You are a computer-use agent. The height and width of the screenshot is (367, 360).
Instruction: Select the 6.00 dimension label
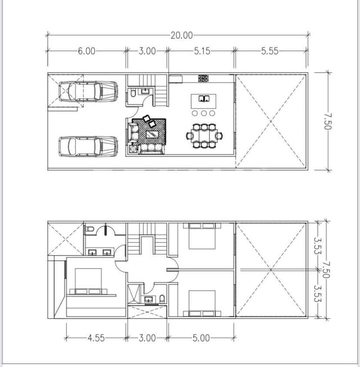(86, 51)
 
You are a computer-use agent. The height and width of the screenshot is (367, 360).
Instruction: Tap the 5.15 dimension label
(202, 51)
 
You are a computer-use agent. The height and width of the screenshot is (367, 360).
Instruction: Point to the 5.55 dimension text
(270, 51)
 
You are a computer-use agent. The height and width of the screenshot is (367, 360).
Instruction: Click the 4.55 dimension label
(96, 338)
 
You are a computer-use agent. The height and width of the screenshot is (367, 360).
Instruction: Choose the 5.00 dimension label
(201, 338)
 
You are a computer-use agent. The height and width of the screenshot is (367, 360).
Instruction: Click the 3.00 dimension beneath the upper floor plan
(147, 338)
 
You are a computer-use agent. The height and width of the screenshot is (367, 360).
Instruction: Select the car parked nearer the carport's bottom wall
(88, 146)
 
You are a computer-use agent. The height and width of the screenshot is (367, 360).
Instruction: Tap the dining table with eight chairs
(204, 135)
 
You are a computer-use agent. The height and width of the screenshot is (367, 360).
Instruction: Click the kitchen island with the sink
(204, 101)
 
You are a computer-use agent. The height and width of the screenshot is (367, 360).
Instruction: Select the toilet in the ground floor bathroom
(132, 96)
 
